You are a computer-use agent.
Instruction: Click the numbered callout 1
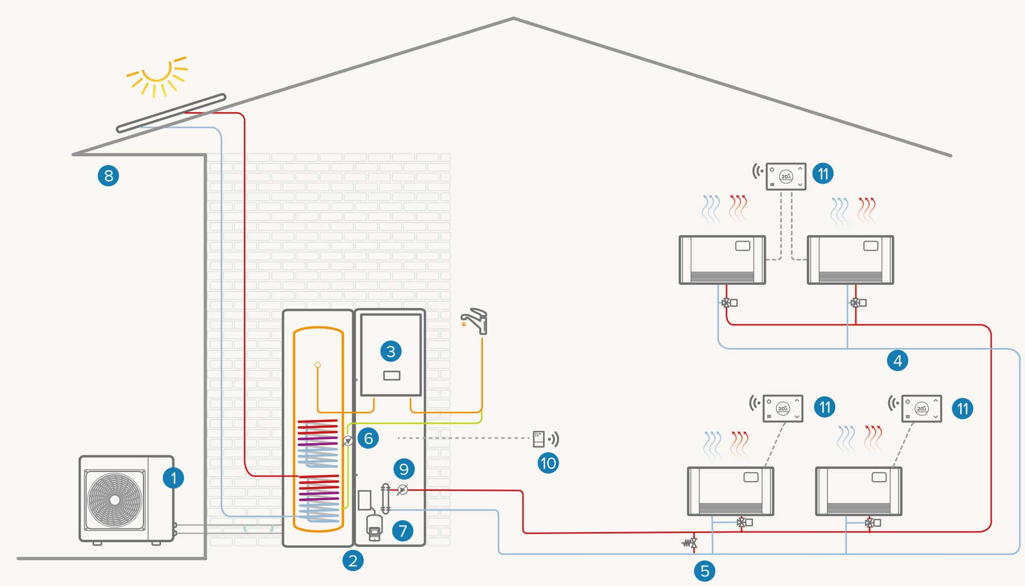pyautogui.click(x=173, y=478)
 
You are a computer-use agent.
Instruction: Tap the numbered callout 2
pyautogui.click(x=353, y=560)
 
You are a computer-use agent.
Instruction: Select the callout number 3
pyautogui.click(x=391, y=352)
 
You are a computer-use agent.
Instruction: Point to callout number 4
pyautogui.click(x=897, y=360)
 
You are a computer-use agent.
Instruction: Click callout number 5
pyautogui.click(x=705, y=571)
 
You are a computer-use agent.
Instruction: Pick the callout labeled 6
pyautogui.click(x=368, y=438)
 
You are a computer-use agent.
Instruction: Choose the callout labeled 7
pyautogui.click(x=403, y=530)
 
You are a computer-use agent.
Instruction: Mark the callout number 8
pyautogui.click(x=109, y=176)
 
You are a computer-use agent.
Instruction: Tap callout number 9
pyautogui.click(x=404, y=469)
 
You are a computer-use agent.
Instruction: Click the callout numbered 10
pyautogui.click(x=548, y=464)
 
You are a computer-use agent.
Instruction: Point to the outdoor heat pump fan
pyautogui.click(x=115, y=500)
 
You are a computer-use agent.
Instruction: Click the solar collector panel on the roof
pyautogui.click(x=171, y=113)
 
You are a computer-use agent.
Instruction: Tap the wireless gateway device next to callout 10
pyautogui.click(x=538, y=439)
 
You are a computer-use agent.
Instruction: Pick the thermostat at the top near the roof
pyautogui.click(x=785, y=176)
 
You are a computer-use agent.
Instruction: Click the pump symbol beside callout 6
pyautogui.click(x=348, y=441)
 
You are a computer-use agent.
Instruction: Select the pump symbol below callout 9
pyautogui.click(x=403, y=489)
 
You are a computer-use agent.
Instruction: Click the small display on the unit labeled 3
pyautogui.click(x=392, y=376)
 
